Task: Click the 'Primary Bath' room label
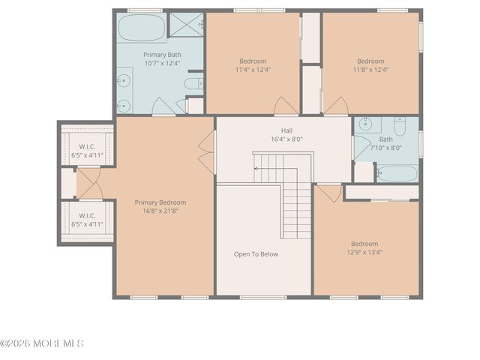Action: pos(162,54)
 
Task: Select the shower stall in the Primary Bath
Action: pos(186,25)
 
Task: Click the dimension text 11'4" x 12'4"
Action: pos(253,70)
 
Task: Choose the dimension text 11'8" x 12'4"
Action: pos(370,70)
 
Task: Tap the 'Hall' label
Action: pos(286,130)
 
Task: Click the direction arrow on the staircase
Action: pos(257,169)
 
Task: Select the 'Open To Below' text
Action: pos(256,254)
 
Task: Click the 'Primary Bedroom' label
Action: pos(160,202)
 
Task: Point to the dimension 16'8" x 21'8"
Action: pos(160,211)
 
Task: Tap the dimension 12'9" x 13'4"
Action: pos(364,252)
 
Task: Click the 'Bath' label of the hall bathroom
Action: pos(385,139)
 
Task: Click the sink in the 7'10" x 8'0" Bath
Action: pos(364,124)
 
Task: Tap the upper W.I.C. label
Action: pos(85,146)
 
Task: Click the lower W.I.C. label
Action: pos(85,215)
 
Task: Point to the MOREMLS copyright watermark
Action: pos(42,343)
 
